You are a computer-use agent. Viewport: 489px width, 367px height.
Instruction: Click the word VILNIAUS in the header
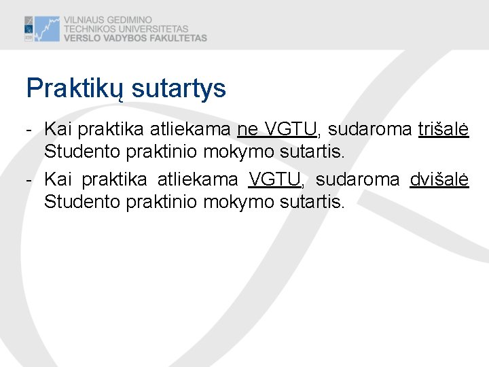click(86, 20)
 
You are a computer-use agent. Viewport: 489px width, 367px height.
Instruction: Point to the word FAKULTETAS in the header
click(175, 38)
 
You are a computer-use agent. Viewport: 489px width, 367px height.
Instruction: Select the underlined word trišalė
click(443, 129)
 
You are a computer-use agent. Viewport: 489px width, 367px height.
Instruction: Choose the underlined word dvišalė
click(439, 179)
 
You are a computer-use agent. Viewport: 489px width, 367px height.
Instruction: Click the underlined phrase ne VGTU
click(277, 129)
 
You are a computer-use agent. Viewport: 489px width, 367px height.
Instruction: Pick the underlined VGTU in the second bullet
click(276, 179)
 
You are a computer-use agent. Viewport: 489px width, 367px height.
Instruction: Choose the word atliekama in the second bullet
click(198, 179)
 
